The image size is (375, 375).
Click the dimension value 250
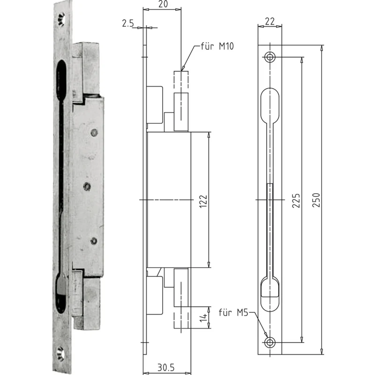[x=316, y=200]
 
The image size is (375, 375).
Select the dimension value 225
[x=296, y=201]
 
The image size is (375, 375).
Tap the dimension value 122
[x=203, y=202]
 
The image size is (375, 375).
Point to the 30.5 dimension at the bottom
[x=166, y=367]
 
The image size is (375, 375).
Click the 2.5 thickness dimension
[x=128, y=23]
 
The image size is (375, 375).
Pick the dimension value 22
[x=270, y=22]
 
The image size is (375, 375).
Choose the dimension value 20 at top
[x=163, y=4]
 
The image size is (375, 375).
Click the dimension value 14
[x=203, y=318]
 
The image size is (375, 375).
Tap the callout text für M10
[x=217, y=46]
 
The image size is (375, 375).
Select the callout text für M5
[x=233, y=312]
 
